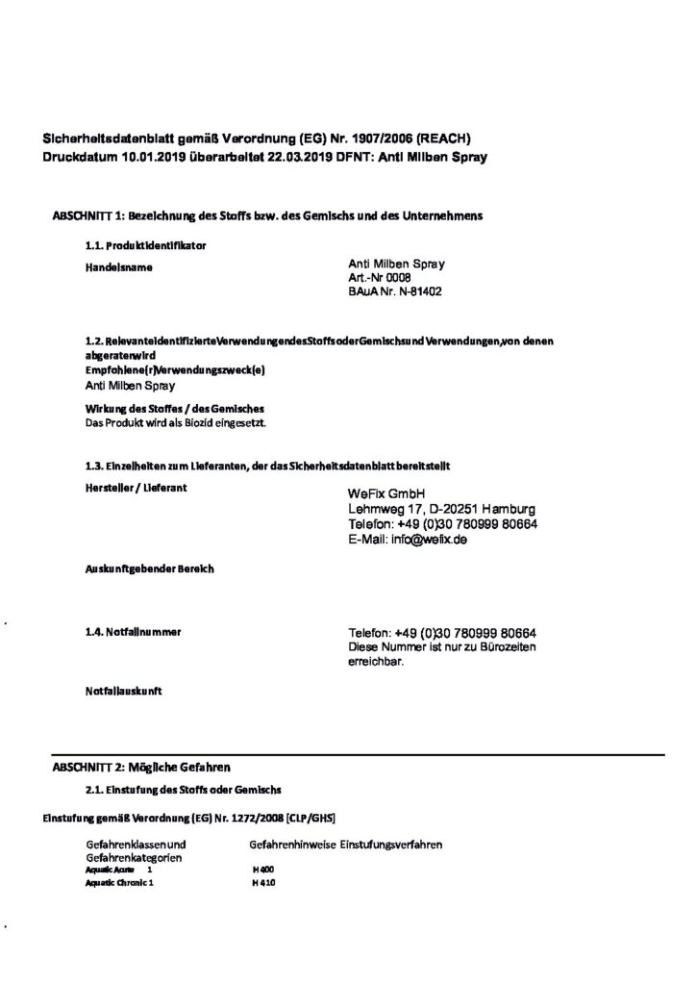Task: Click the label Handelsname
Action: pyautogui.click(x=119, y=266)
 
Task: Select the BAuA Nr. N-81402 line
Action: pyautogui.click(x=395, y=290)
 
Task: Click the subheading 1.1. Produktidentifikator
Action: pyautogui.click(x=146, y=246)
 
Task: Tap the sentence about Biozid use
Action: pyautogui.click(x=176, y=422)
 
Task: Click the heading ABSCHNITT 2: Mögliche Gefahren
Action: pyautogui.click(x=141, y=767)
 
